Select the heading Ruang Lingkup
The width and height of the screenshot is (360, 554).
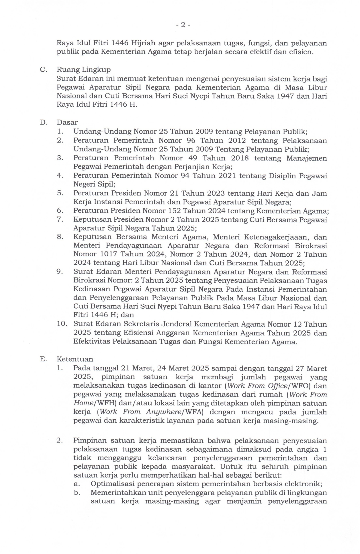tap(83, 70)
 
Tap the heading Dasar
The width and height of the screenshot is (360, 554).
tap(67, 122)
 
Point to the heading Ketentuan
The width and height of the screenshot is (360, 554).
tap(75, 359)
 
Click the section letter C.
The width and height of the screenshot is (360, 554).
tap(43, 70)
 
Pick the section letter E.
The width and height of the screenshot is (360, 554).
tap(43, 359)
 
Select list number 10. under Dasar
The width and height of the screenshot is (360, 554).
tap(62, 324)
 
